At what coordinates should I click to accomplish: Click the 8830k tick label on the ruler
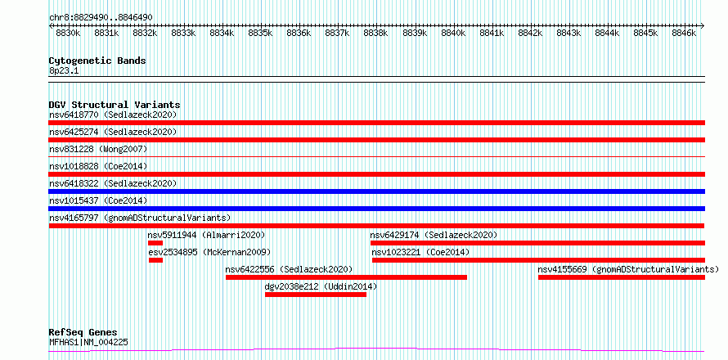click(x=68, y=34)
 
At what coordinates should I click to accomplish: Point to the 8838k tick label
click(x=376, y=34)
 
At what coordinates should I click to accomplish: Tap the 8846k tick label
click(x=685, y=34)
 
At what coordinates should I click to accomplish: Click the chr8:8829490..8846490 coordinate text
click(x=101, y=18)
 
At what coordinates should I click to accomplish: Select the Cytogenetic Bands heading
click(x=97, y=61)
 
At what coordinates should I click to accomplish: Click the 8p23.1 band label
click(x=63, y=70)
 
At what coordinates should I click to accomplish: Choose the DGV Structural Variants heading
click(x=115, y=105)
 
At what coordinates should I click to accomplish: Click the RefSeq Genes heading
click(x=83, y=333)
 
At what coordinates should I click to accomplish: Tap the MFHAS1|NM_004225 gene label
click(x=88, y=343)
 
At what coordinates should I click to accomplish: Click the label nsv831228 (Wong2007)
click(x=98, y=149)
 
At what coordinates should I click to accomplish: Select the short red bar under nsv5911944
click(x=155, y=243)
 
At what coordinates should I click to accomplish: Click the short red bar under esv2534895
click(x=156, y=260)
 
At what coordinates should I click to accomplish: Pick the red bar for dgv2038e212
click(x=316, y=295)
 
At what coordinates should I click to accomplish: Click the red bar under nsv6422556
click(x=346, y=277)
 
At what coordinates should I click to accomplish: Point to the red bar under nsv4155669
click(x=622, y=277)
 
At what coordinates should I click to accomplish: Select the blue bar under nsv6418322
click(x=377, y=191)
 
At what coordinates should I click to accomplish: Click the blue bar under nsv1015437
click(x=377, y=209)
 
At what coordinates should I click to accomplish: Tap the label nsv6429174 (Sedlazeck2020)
click(x=434, y=235)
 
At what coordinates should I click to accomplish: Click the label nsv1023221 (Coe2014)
click(x=420, y=252)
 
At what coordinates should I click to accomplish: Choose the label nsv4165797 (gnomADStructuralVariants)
click(x=140, y=218)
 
